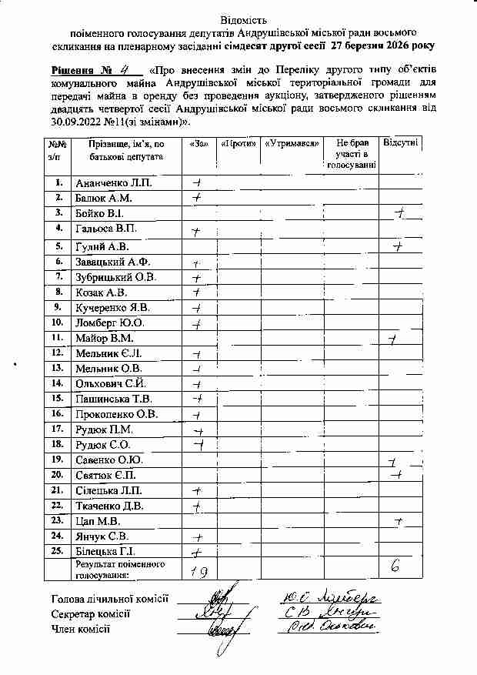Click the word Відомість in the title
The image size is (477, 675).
[x=239, y=17]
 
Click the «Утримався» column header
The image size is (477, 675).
[x=291, y=144]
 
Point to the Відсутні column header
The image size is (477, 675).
[x=401, y=144]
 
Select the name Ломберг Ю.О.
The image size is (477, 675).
[x=112, y=322]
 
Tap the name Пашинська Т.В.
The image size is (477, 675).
[x=114, y=399]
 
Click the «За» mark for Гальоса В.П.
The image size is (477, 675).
[x=196, y=231]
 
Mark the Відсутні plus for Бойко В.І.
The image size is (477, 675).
[x=399, y=213]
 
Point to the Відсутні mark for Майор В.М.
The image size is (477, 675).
[x=393, y=338]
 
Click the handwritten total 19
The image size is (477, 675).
[x=198, y=570]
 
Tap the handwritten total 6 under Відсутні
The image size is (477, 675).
[x=395, y=566]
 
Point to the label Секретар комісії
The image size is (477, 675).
[x=90, y=613]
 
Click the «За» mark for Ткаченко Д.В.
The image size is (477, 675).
[x=197, y=506]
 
